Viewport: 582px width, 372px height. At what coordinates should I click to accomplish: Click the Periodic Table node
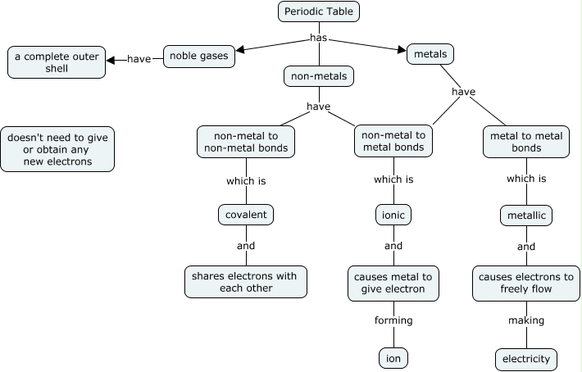click(320, 11)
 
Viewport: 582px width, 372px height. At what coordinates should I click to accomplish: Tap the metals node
click(430, 55)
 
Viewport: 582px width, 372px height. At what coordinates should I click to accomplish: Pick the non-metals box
click(319, 77)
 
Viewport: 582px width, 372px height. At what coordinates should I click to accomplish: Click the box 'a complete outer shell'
click(57, 62)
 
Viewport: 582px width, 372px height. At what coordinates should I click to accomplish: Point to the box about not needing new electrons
click(57, 149)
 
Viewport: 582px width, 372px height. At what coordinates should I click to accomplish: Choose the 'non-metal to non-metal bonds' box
click(247, 141)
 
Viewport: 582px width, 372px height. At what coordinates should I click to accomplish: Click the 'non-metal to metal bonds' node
click(393, 141)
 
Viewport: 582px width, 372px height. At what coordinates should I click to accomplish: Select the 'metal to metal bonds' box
click(526, 141)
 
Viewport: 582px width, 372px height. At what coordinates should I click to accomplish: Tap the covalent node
click(246, 215)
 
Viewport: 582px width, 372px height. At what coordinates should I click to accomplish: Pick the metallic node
click(526, 215)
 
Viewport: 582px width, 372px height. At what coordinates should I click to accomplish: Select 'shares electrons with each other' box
click(246, 282)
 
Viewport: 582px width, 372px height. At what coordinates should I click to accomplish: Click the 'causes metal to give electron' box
click(393, 282)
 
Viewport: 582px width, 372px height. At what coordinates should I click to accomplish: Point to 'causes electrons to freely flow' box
click(526, 283)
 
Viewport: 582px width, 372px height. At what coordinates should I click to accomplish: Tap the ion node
click(393, 358)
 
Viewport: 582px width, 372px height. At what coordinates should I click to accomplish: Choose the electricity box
click(526, 359)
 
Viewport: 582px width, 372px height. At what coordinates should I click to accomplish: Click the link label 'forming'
click(393, 320)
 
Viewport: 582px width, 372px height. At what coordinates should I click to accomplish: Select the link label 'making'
click(526, 320)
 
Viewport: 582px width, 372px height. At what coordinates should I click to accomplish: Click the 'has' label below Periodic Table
click(320, 38)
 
